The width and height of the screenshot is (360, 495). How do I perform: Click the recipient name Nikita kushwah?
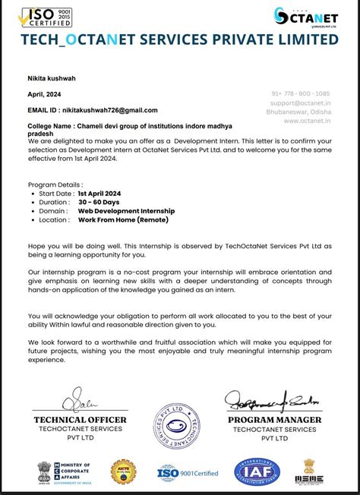coord(52,77)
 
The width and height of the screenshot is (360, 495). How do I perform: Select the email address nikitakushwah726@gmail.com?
coord(109,110)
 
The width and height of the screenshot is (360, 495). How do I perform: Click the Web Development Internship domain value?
coord(126,210)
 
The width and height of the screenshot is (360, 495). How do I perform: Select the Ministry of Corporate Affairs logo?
coord(64,472)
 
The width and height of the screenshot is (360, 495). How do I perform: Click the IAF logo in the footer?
coord(257,472)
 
